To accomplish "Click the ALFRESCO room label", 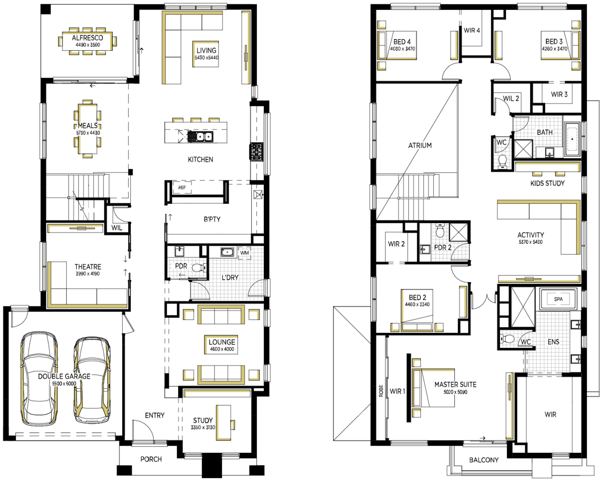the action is pos(87,38).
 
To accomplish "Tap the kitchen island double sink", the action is pos(200,137).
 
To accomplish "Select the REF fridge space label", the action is pos(182,187).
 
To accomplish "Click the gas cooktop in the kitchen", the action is pos(256,152).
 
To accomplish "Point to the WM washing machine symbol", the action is pos(244,253).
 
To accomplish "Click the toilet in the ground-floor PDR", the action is pos(199,268).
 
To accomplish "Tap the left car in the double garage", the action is pos(39,379).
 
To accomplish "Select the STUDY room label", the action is pos(203,420).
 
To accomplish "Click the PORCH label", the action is pos(151,459).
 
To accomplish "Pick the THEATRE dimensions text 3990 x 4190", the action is pos(88,273).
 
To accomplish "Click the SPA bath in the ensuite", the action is pos(558,299).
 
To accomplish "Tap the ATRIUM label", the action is pos(420,145).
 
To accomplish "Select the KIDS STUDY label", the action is pos(547,183).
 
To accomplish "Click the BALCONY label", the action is pos(484,459).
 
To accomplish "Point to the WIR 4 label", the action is pos(472,30).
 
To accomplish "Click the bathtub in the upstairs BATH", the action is pos(572,139).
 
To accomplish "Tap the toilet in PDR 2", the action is pos(440,231).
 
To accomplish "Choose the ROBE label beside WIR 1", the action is pos(381,391).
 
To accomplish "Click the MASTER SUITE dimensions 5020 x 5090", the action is pos(455,392).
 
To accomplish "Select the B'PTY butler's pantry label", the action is pos(212,219).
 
